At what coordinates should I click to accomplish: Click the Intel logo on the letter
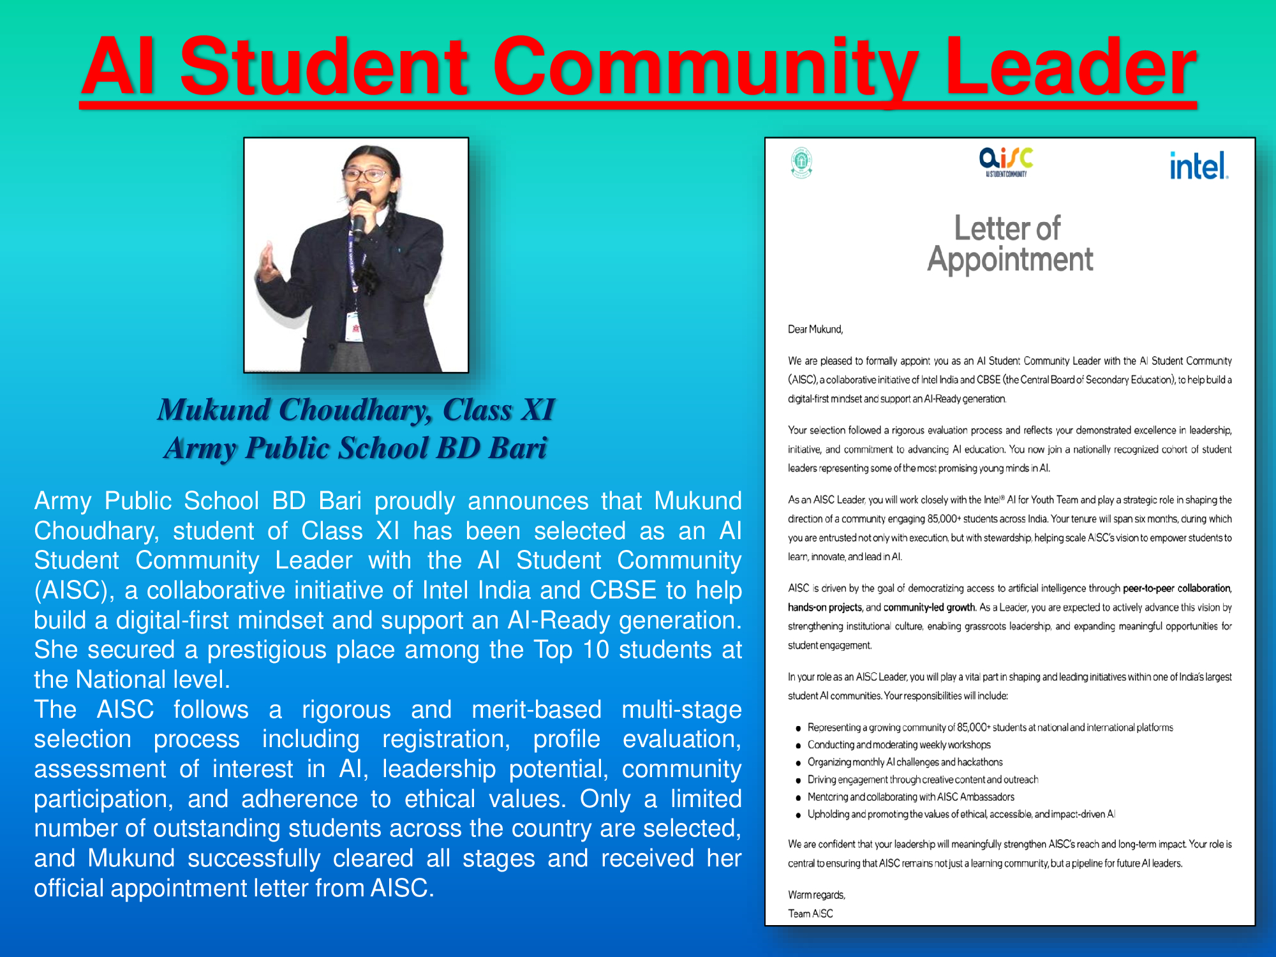(x=1198, y=166)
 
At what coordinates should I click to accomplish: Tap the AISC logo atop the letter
(x=1006, y=162)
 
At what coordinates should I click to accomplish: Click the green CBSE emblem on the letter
(x=801, y=163)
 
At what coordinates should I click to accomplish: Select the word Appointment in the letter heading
(x=1010, y=260)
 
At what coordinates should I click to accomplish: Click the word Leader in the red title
(x=1070, y=68)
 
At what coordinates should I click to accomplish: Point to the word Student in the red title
(x=324, y=68)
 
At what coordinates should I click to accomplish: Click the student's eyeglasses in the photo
(x=364, y=174)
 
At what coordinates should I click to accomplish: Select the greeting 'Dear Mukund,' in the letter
(x=815, y=329)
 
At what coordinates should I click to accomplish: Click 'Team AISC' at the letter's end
(x=810, y=914)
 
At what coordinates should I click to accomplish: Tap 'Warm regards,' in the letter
(x=817, y=895)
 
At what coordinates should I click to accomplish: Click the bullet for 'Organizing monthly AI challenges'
(x=798, y=763)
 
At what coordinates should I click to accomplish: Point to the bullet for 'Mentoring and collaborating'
(x=798, y=797)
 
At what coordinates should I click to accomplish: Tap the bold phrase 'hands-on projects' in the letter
(x=825, y=607)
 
